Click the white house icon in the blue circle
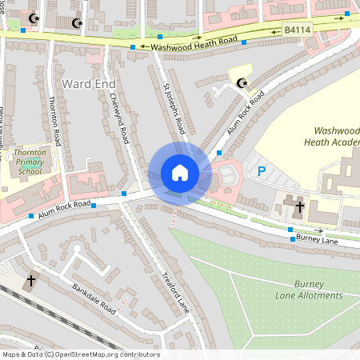click(180, 173)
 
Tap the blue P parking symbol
click(261, 170)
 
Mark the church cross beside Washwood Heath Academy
click(300, 208)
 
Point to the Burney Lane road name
click(318, 238)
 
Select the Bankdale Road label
click(94, 298)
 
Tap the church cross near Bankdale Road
click(31, 281)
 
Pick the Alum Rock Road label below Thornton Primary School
click(60, 210)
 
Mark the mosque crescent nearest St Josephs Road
click(244, 81)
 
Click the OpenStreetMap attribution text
click(80, 354)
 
